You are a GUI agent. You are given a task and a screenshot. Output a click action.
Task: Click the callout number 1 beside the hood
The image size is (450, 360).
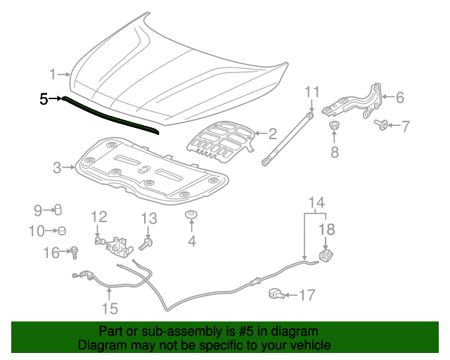[52, 74]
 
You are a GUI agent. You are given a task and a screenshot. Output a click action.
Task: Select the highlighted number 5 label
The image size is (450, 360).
[44, 99]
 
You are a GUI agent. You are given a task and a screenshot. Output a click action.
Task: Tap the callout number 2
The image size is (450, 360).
[272, 131]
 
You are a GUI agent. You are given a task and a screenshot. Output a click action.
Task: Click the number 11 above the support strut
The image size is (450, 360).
[312, 91]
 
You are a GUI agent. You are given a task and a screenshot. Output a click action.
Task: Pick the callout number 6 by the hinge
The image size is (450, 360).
[399, 97]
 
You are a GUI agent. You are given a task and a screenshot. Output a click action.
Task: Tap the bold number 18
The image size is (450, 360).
[328, 229]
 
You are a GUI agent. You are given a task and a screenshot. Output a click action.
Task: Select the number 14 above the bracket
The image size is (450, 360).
[317, 204]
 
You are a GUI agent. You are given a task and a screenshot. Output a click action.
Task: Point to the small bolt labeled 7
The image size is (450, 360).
[381, 125]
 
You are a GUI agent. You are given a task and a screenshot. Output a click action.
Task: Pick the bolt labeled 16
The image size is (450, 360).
[73, 251]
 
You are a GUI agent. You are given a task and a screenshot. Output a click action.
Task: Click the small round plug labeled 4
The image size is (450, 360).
[191, 214]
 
